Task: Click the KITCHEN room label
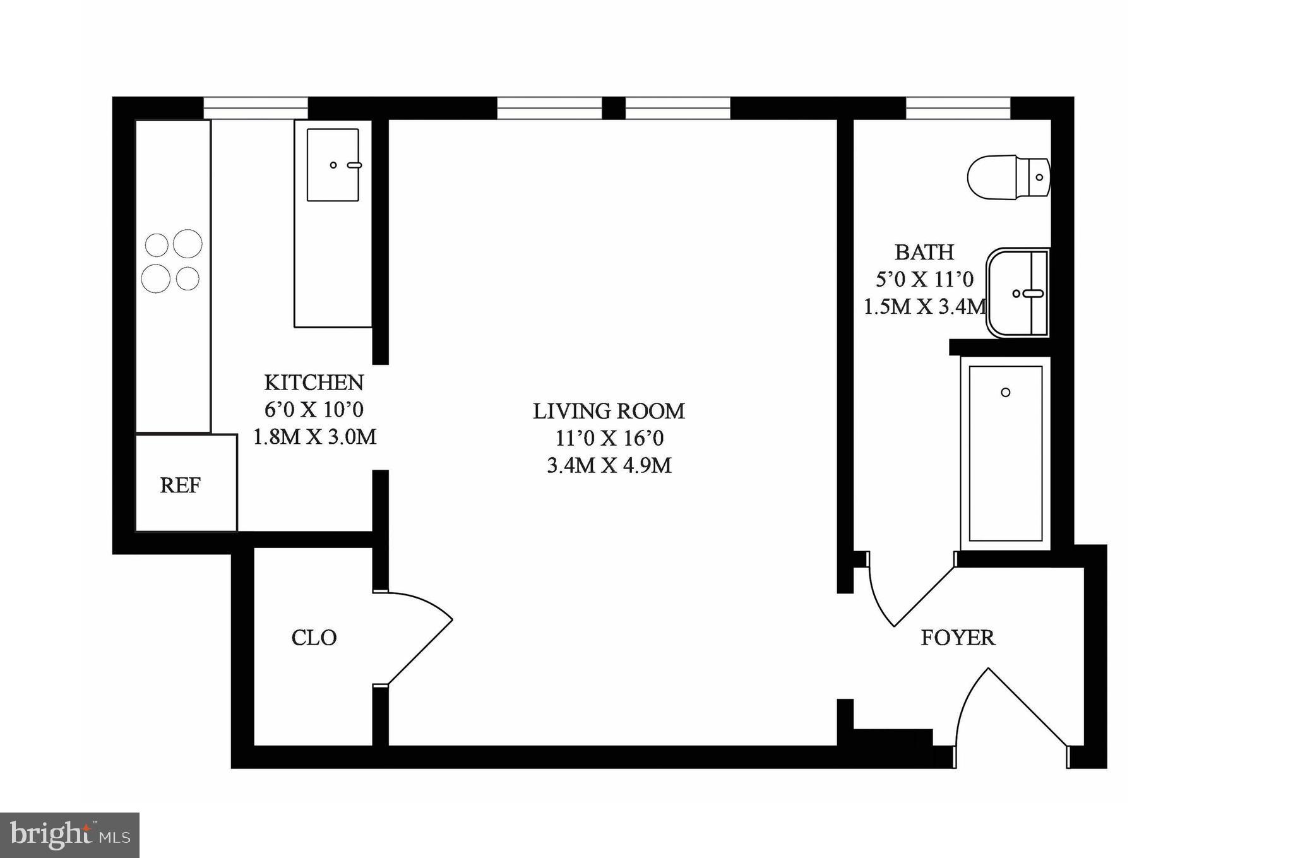tap(314, 383)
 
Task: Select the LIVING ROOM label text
tap(609, 411)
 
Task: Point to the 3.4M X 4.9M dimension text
tap(609, 466)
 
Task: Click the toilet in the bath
tap(1007, 177)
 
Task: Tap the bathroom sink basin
tap(1016, 293)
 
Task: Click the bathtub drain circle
tap(1006, 392)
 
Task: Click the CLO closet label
tap(314, 638)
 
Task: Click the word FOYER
tap(958, 638)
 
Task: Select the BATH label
tap(924, 253)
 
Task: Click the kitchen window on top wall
tap(255, 107)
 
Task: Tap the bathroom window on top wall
tap(958, 107)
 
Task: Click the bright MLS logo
tap(69, 835)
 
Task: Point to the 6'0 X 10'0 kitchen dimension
tap(314, 410)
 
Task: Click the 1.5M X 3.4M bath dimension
tap(924, 307)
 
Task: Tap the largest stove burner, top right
tap(188, 243)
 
